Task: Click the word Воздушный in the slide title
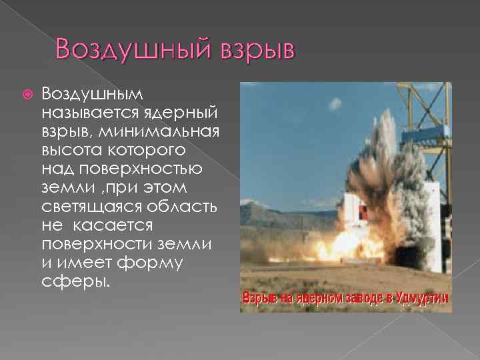tap(126, 50)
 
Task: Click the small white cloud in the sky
tap(335, 103)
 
